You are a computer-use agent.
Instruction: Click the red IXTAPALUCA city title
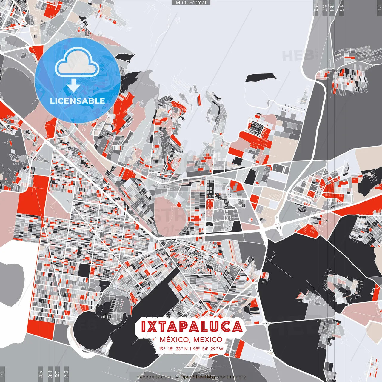tap(191, 327)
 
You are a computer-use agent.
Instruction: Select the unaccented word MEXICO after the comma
tap(208, 340)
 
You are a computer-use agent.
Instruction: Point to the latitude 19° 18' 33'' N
tap(173, 349)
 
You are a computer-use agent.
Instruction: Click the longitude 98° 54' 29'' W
tap(208, 349)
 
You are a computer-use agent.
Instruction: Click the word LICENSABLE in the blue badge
tap(78, 101)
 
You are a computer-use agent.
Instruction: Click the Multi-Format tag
tap(191, 3)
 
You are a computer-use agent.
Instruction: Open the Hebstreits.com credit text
tap(153, 377)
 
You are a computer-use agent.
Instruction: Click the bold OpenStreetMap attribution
tap(198, 377)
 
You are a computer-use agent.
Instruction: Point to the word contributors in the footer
tap(232, 377)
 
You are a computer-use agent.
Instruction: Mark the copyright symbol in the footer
tap(177, 377)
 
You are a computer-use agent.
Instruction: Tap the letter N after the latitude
tap(186, 349)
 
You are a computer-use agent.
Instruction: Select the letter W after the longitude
tap(221, 349)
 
